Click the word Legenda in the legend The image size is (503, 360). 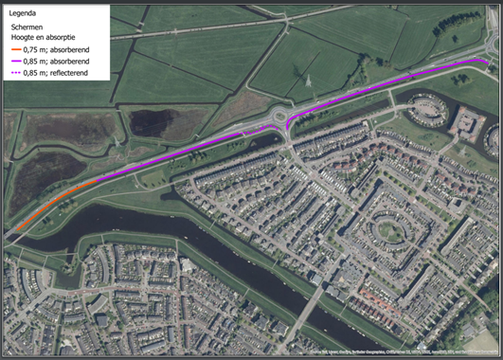click(22, 14)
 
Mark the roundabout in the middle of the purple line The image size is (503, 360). click(283, 117)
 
